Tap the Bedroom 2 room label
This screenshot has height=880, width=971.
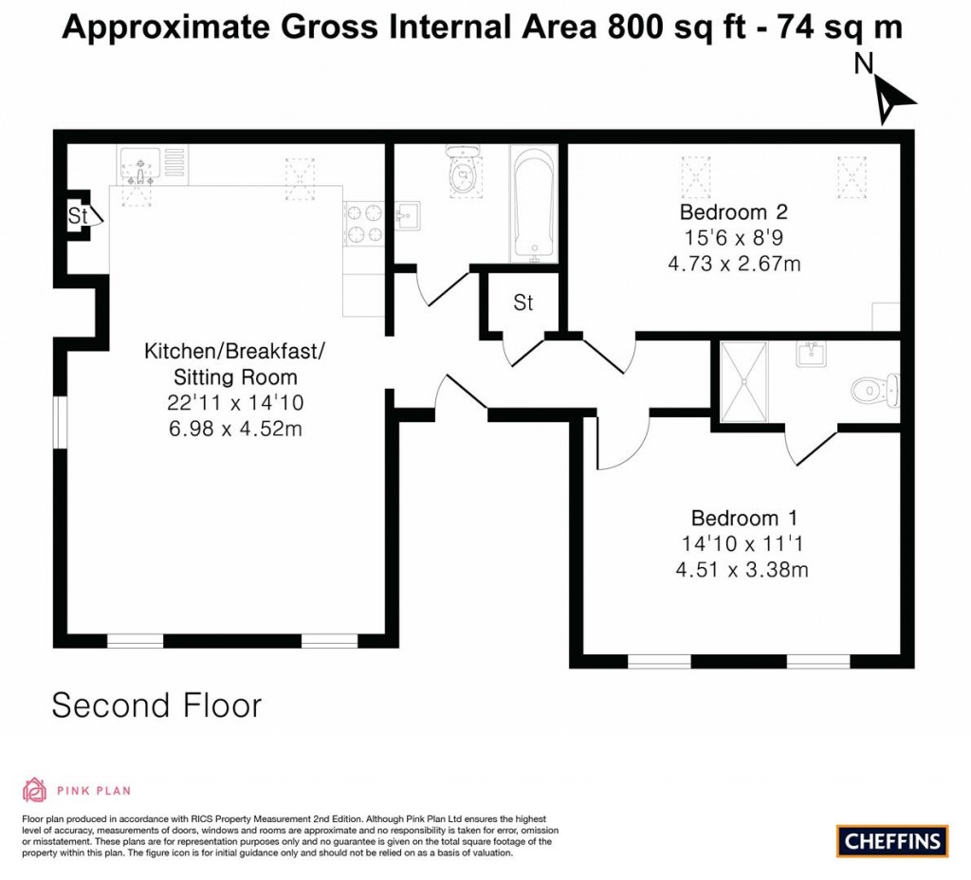[x=733, y=211]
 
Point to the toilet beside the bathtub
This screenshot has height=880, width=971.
[x=463, y=173]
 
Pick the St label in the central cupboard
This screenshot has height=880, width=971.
[x=523, y=303]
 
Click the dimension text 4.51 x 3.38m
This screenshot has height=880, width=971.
[x=743, y=570]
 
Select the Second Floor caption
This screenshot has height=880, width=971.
[x=156, y=706]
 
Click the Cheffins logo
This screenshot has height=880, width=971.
[x=892, y=840]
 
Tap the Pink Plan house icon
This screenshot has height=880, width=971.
[x=34, y=790]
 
